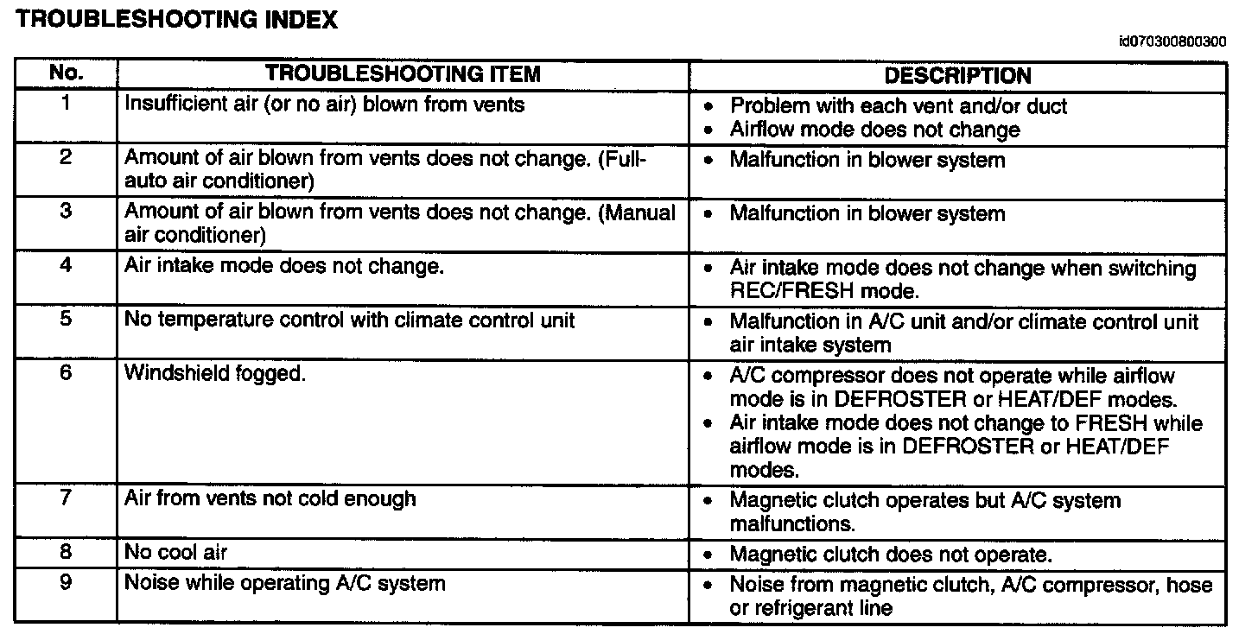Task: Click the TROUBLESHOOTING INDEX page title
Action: (x=177, y=20)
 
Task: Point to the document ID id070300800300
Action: (x=1172, y=41)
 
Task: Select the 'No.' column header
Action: (x=66, y=74)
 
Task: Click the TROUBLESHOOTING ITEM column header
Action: (x=403, y=74)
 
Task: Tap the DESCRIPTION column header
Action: (x=957, y=75)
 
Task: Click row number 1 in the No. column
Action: (x=66, y=104)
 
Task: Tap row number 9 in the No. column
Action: (x=66, y=582)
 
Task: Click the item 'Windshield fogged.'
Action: (x=215, y=374)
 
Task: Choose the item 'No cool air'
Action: (x=176, y=551)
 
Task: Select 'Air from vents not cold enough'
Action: (x=270, y=498)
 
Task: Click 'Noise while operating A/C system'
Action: (x=285, y=583)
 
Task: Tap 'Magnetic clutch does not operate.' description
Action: (x=890, y=555)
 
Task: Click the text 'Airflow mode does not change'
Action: (x=874, y=130)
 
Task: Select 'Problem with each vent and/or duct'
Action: (x=899, y=106)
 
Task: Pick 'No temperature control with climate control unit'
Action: (x=350, y=320)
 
